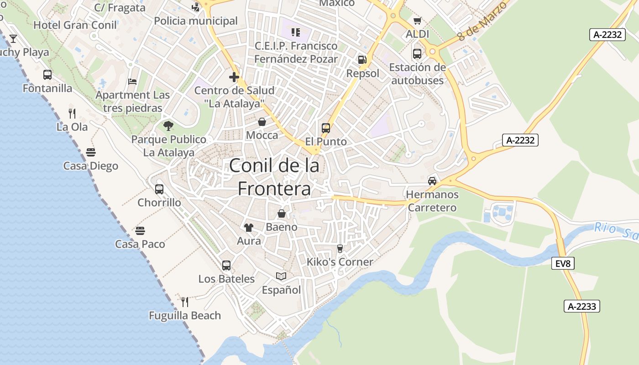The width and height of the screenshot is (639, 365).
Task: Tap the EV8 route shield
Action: click(562, 263)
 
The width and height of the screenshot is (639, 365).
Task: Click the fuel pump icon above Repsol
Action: click(362, 59)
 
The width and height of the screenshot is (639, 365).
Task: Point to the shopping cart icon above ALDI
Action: click(417, 21)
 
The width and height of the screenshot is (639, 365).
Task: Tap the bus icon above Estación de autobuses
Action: click(417, 54)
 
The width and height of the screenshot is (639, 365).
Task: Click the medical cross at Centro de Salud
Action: click(234, 77)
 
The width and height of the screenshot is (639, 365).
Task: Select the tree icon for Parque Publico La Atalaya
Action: click(168, 125)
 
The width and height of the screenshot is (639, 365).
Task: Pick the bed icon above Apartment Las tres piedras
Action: click(132, 82)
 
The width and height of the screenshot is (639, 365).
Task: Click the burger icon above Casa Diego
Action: click(91, 152)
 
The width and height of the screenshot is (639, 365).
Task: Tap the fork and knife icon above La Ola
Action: click(72, 113)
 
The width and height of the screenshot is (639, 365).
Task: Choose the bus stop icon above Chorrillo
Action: click(159, 189)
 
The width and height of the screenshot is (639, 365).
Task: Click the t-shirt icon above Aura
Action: click(249, 227)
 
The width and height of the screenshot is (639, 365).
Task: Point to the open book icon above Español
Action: click(281, 276)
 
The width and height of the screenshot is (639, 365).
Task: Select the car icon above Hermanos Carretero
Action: click(432, 181)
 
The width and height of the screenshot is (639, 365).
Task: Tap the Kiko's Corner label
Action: click(340, 262)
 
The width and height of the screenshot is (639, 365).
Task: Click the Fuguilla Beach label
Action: click(185, 315)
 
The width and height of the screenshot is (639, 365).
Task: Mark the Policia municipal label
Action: click(196, 21)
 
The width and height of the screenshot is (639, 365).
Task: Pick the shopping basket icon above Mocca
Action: click(262, 122)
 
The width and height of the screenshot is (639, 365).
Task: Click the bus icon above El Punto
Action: click(326, 128)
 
